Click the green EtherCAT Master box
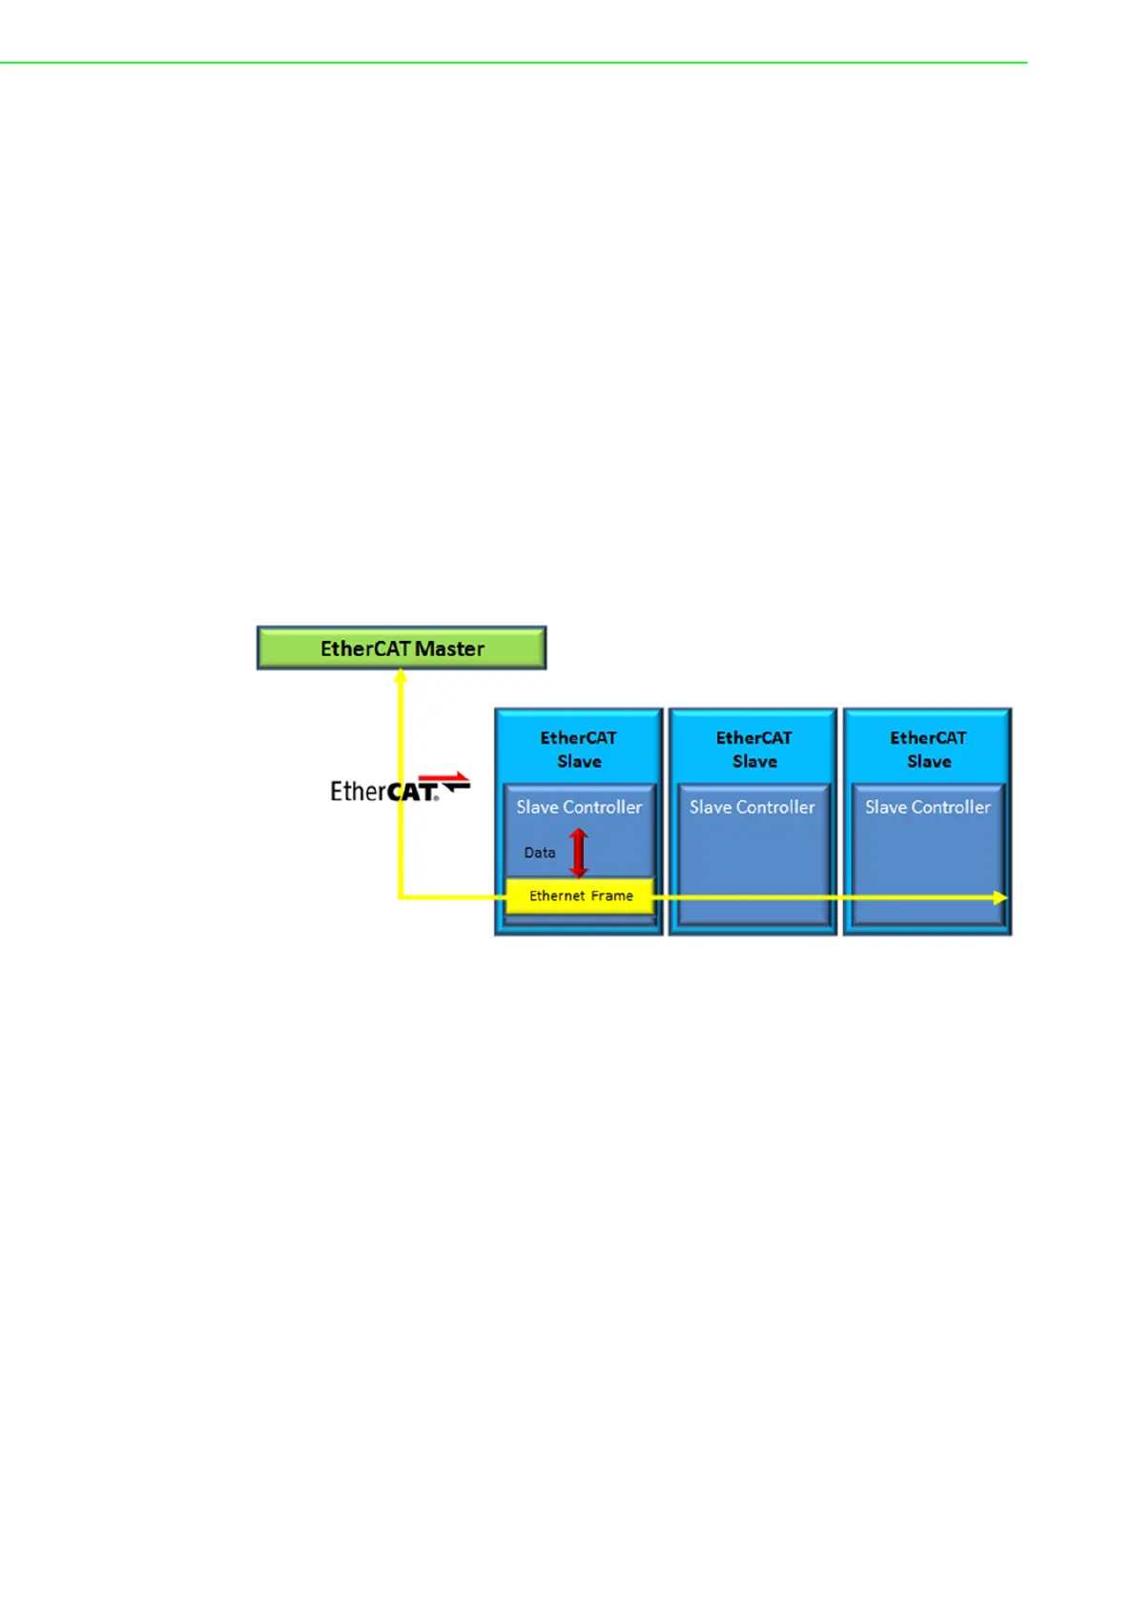[x=401, y=648]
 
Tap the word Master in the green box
[x=450, y=649]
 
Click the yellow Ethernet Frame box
[x=580, y=896]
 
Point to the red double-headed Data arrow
[x=578, y=853]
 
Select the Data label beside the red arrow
[x=539, y=853]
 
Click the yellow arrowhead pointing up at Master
[x=401, y=675]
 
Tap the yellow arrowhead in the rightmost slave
[x=1000, y=897]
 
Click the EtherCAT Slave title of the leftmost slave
[x=578, y=750]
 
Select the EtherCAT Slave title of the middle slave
[x=754, y=750]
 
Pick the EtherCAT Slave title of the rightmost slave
[x=928, y=750]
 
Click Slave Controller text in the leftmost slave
[x=579, y=807]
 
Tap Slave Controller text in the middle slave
[x=753, y=807]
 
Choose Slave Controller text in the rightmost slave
[x=927, y=807]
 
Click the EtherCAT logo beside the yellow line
[x=399, y=789]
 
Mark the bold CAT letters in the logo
[x=411, y=792]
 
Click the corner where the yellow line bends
[x=401, y=897]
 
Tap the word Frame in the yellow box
[x=611, y=896]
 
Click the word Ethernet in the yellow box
[x=557, y=896]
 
